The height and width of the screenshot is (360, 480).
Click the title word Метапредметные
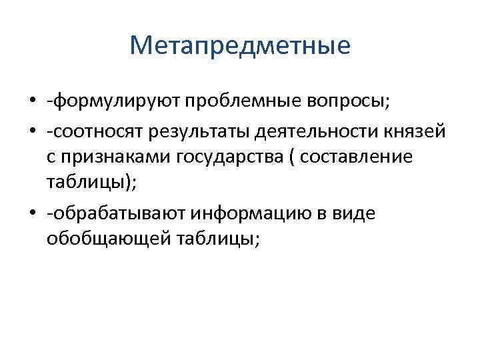click(x=239, y=45)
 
